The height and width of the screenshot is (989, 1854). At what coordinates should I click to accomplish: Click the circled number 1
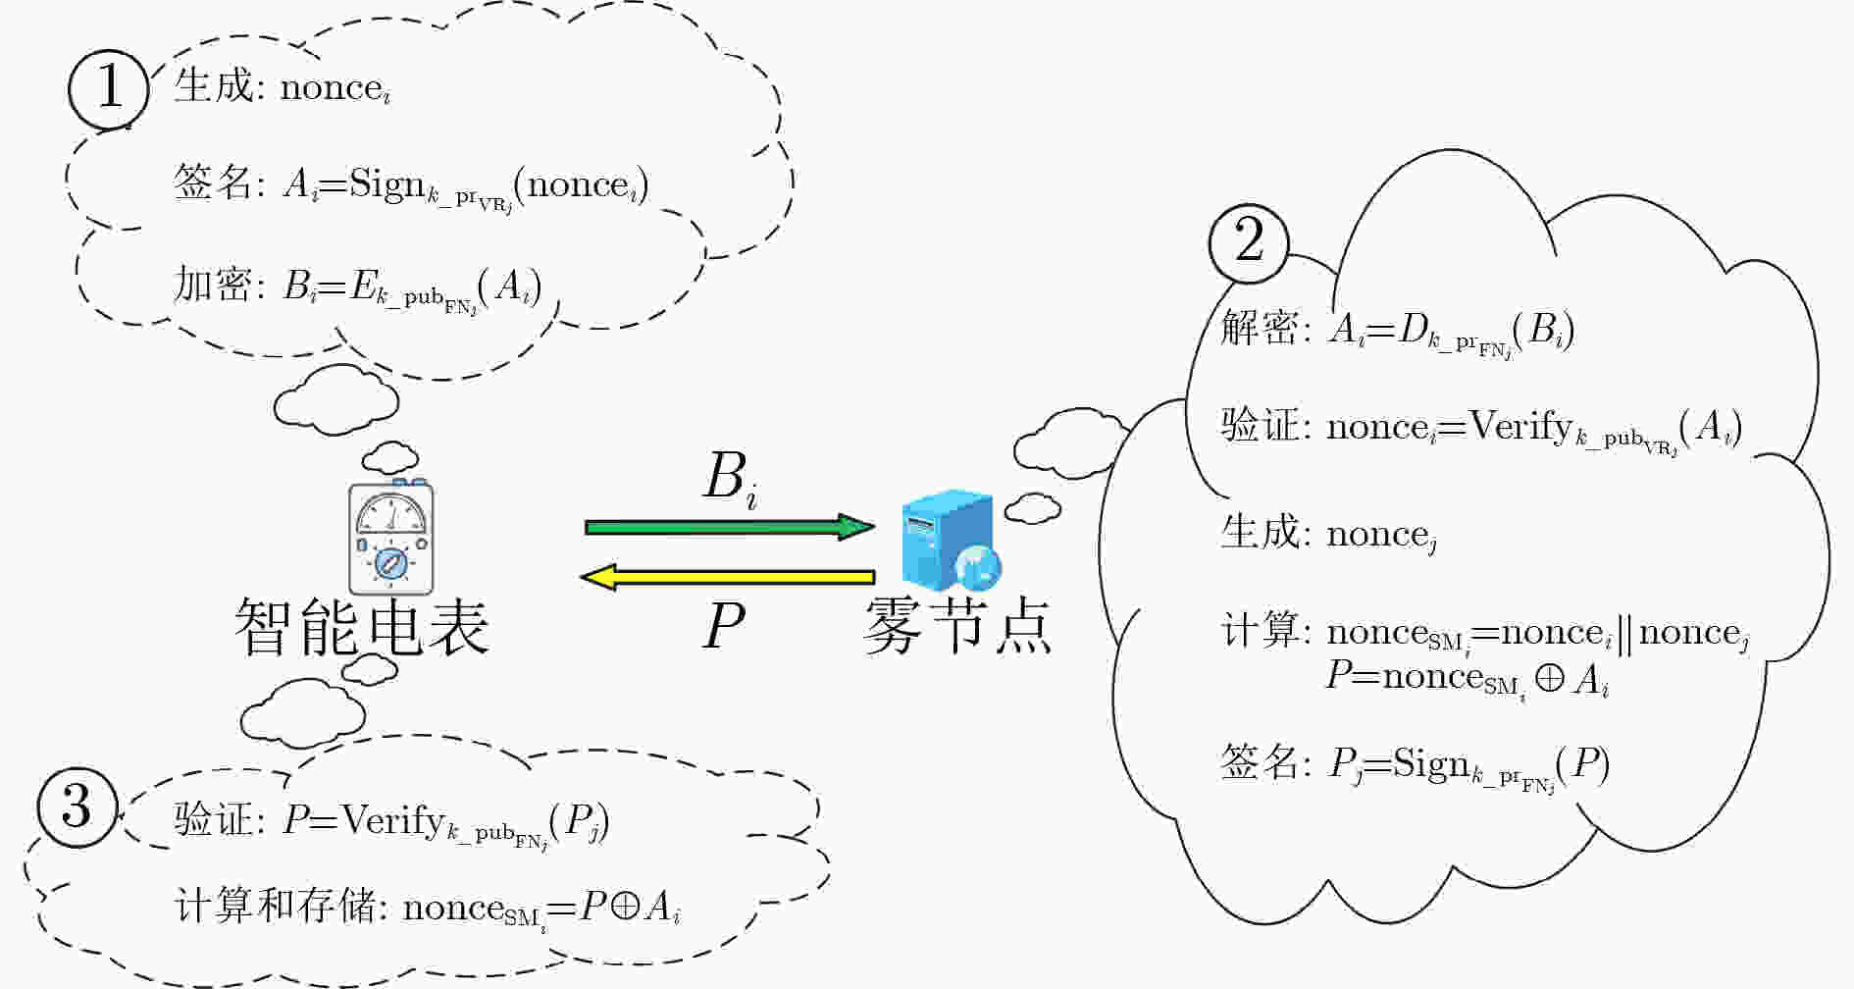click(109, 89)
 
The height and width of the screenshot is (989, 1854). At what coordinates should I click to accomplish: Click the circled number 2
click(1249, 241)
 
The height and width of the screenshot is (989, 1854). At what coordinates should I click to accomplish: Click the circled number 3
click(77, 807)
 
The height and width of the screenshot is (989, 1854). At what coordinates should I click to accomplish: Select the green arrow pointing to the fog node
click(730, 527)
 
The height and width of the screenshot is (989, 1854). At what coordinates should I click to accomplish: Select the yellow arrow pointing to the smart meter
click(728, 577)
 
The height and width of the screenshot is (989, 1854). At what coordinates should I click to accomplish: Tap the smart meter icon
click(391, 537)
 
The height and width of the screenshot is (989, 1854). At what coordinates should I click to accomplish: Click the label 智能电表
click(361, 628)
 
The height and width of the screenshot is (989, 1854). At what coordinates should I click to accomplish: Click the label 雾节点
click(957, 627)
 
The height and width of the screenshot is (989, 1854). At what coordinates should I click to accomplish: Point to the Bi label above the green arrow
click(731, 480)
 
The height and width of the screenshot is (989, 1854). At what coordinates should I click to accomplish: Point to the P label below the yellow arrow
click(724, 625)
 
